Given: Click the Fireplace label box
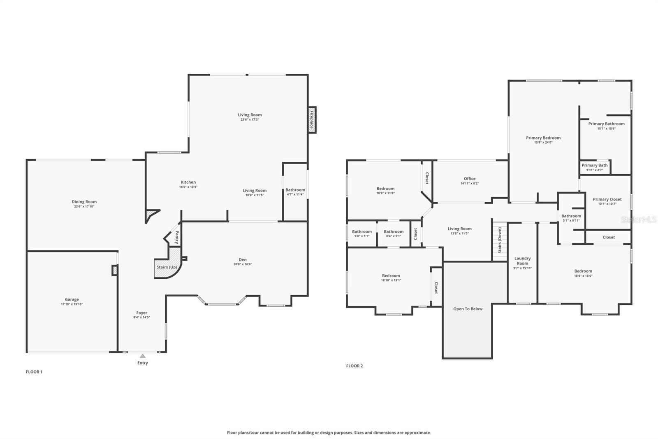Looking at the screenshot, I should (312, 120).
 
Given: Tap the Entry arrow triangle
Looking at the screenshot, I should (142, 356).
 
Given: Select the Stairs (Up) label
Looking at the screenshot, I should (167, 267).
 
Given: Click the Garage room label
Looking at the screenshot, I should (72, 299).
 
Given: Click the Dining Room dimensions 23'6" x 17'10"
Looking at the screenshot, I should (84, 207).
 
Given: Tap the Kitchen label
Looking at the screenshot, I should (188, 182).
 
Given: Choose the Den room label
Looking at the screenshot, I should (243, 259).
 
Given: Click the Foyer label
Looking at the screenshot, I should (141, 313).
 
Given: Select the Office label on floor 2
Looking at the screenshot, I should (469, 179).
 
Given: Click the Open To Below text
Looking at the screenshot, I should (468, 309).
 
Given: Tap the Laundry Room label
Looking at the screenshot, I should (522, 261).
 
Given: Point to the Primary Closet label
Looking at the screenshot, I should (607, 199).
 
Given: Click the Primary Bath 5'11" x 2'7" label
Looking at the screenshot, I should (594, 167).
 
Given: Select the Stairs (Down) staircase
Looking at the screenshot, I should (500, 241).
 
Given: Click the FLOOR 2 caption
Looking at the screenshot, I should (354, 366).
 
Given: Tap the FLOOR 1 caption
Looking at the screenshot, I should (34, 371).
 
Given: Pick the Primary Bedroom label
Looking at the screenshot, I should (543, 138).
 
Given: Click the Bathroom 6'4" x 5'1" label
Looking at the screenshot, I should (394, 234).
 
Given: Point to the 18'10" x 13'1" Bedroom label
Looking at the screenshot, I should (391, 278).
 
